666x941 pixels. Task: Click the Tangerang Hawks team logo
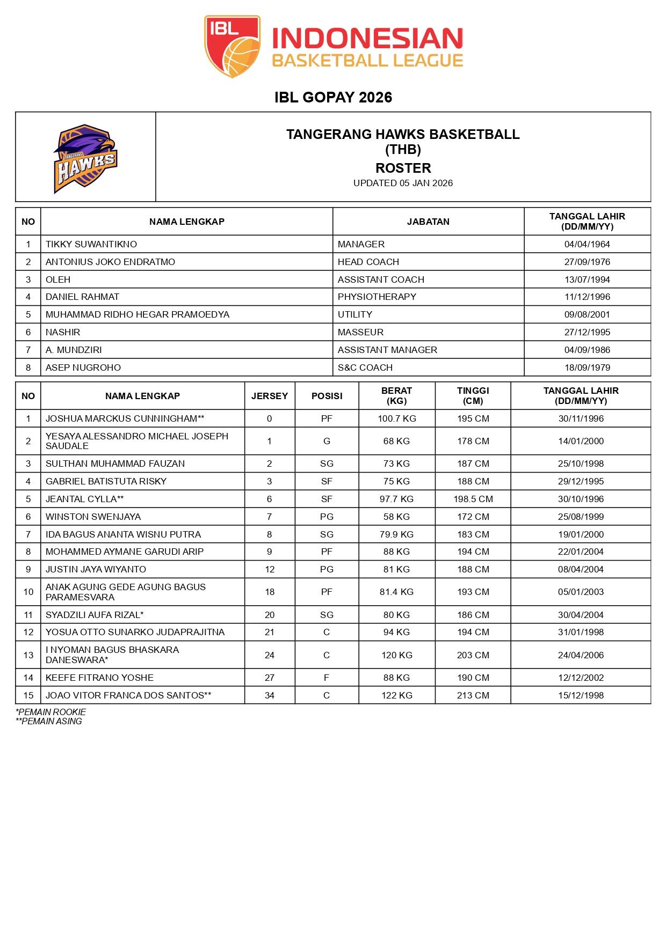(x=85, y=158)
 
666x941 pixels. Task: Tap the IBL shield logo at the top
(x=232, y=46)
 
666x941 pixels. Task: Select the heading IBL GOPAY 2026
(x=333, y=97)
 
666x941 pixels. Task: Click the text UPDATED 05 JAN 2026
(x=403, y=183)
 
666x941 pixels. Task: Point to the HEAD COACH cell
(x=368, y=262)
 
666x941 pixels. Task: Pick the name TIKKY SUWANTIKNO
(x=91, y=244)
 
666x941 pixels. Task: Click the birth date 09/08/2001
(x=587, y=314)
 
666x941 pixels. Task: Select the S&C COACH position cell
(x=365, y=367)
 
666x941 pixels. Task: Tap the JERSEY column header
(x=270, y=396)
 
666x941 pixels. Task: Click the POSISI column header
(x=327, y=396)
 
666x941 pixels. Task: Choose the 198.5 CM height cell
(x=473, y=499)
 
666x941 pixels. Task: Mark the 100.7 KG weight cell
(x=396, y=418)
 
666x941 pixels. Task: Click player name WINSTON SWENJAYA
(x=93, y=517)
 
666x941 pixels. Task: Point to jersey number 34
(x=270, y=695)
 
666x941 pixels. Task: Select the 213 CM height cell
(x=473, y=695)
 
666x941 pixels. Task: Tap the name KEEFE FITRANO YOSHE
(x=99, y=678)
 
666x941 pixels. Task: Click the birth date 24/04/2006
(x=581, y=655)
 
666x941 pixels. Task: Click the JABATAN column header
(x=428, y=222)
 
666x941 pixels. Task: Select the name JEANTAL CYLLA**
(x=85, y=499)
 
